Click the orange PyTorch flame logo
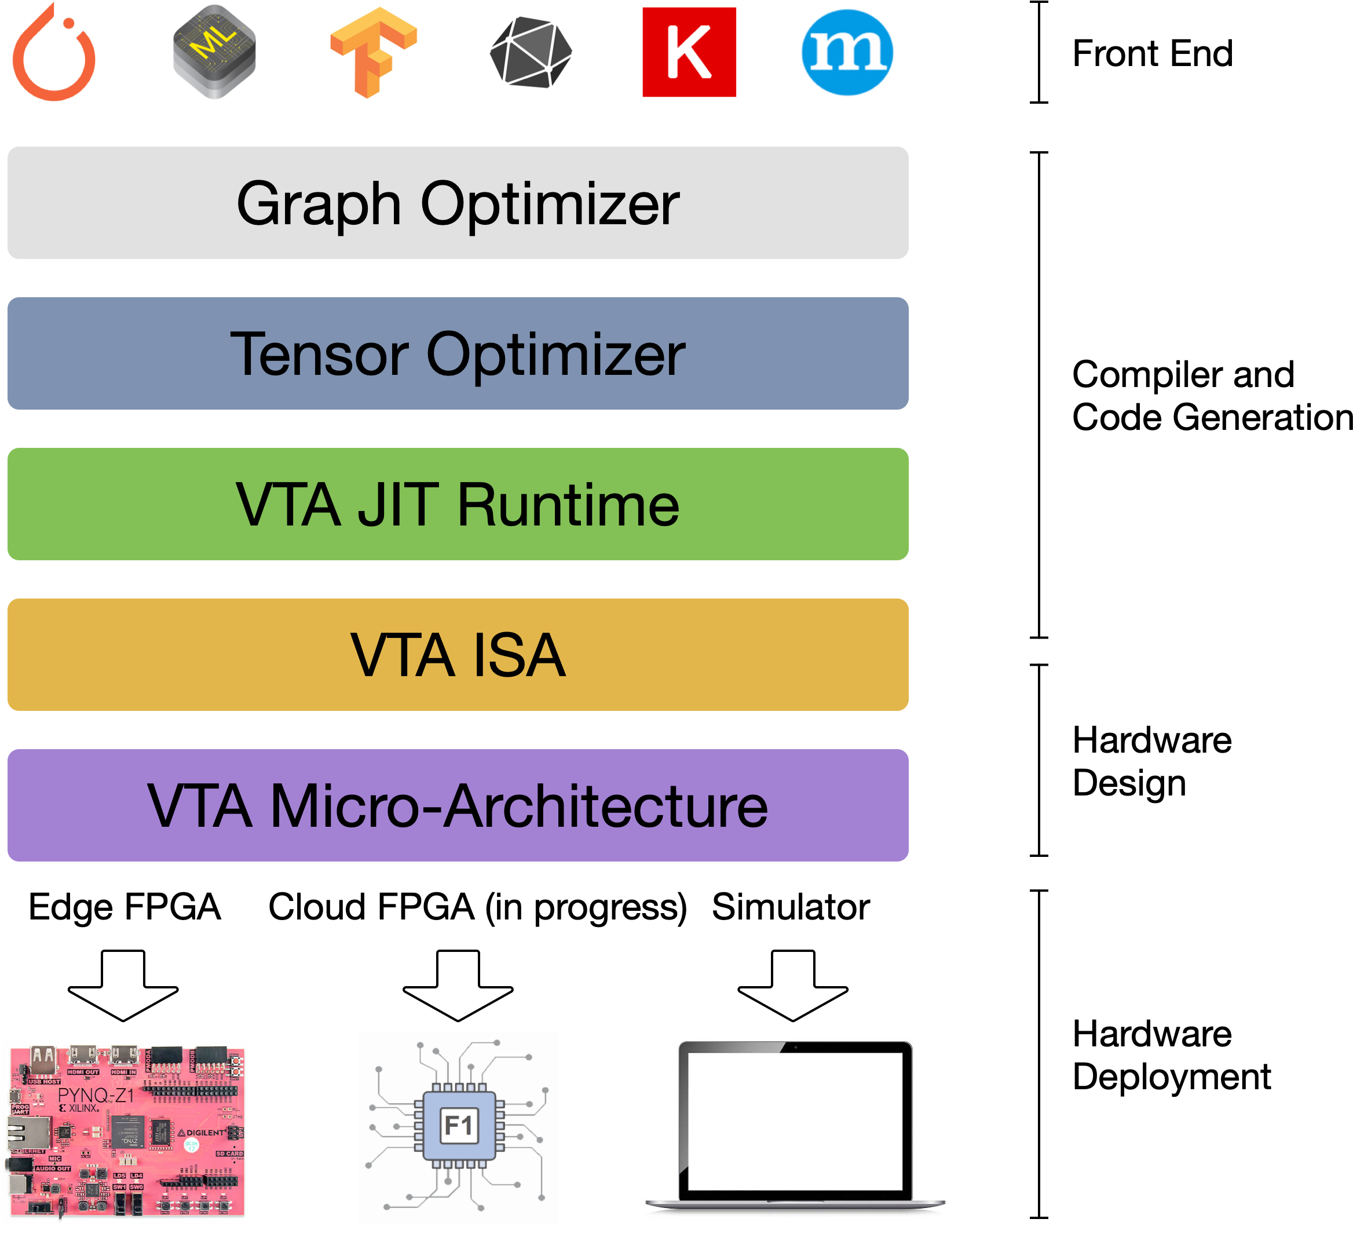(x=54, y=54)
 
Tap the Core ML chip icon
(x=214, y=52)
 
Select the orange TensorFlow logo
(x=372, y=52)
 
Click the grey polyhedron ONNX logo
(x=531, y=52)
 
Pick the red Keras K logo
(x=689, y=52)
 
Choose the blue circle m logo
(x=847, y=52)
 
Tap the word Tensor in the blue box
(x=319, y=354)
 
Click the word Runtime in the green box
(x=568, y=505)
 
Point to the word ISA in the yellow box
(x=518, y=655)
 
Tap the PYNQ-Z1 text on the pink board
(x=96, y=1095)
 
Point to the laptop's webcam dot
(x=795, y=1046)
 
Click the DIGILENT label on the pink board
(x=204, y=1132)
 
